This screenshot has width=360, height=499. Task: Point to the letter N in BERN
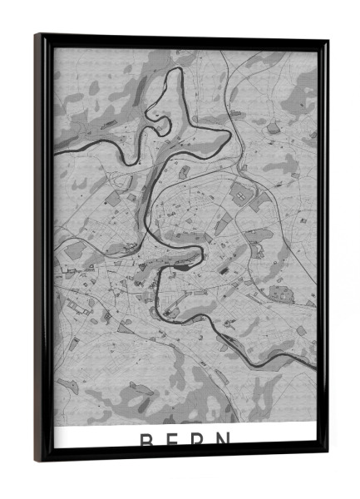229,440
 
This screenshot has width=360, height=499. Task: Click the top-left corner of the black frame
37,35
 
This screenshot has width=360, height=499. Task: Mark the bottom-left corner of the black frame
37,460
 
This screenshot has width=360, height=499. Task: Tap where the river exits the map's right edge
315,364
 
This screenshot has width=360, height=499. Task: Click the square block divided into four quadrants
241,193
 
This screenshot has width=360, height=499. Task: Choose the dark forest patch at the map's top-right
303,83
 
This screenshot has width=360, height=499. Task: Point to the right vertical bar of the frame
322,249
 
